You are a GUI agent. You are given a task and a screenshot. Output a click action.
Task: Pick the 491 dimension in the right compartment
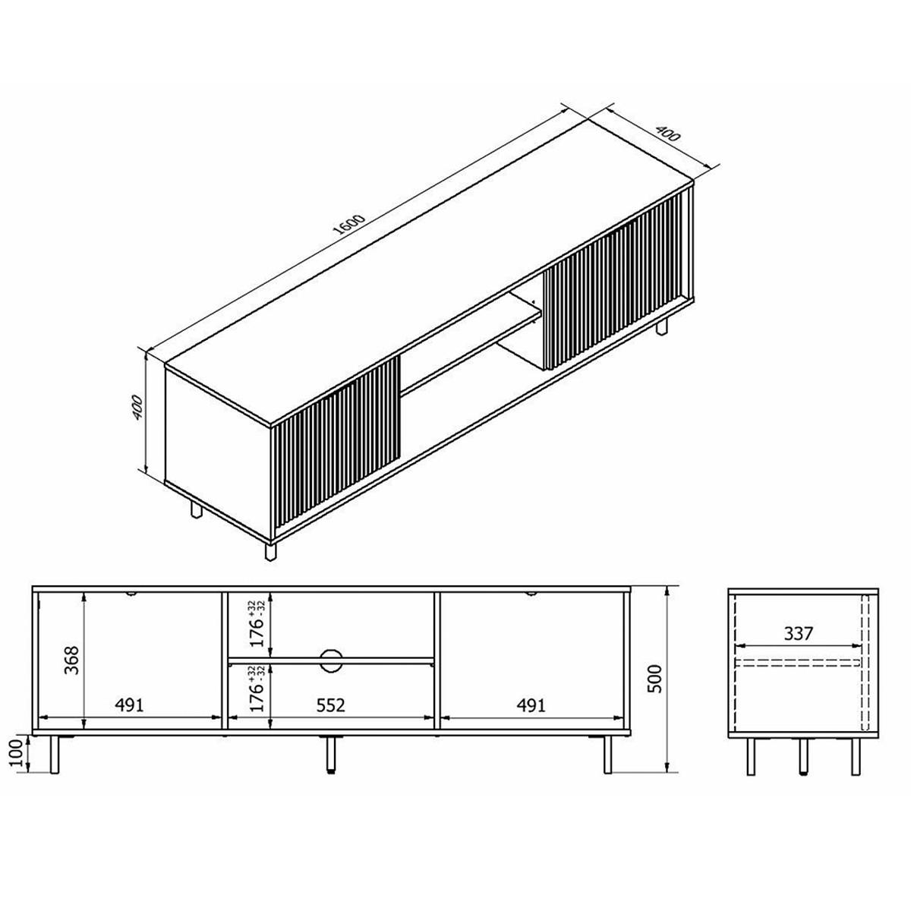click(x=531, y=705)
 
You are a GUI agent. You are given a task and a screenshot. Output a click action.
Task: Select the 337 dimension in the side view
click(x=798, y=633)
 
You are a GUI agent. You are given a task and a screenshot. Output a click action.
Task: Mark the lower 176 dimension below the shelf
click(x=258, y=688)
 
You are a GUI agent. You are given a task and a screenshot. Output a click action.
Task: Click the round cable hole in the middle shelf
click(x=331, y=660)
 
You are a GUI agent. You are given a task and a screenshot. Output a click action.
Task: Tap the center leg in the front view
click(x=331, y=754)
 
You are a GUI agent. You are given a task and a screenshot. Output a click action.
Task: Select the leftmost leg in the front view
click(x=54, y=755)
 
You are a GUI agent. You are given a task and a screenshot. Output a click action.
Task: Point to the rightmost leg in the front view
click(x=607, y=755)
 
